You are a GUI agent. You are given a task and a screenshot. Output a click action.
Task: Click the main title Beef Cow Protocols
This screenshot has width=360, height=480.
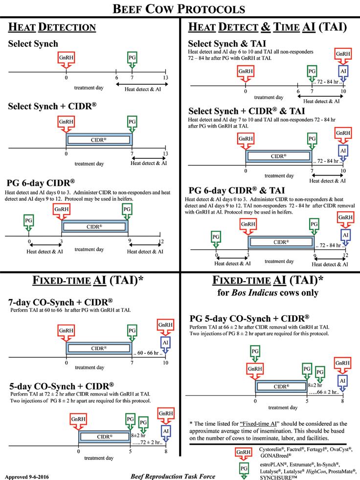[x=180, y=8]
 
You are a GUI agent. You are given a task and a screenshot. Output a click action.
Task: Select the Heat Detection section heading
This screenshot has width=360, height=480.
[x=51, y=27]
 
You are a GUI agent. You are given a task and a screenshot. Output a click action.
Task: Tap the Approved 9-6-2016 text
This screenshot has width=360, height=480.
[x=26, y=475]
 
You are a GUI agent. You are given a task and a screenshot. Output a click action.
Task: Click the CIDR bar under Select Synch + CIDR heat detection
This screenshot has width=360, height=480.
[x=99, y=139]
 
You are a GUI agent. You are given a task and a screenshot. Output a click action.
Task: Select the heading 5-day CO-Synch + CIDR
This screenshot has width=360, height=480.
[x=61, y=385]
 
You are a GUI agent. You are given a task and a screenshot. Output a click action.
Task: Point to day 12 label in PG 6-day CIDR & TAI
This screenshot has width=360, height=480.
[x=346, y=255]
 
